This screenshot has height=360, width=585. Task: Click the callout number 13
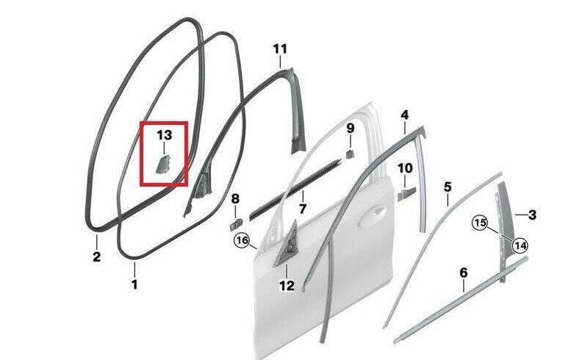coord(164,135)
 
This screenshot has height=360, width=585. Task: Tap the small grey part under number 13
coord(162,165)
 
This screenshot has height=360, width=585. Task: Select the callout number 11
coord(280,49)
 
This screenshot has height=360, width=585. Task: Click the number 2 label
coord(96,256)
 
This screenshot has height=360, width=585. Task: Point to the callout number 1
coord(134,284)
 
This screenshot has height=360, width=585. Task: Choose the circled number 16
coord(242,240)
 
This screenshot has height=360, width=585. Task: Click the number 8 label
coord(235,199)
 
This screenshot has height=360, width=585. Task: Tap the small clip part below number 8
coord(236,225)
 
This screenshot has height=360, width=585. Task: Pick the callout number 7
coord(302,209)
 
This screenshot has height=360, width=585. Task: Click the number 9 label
coord(350,129)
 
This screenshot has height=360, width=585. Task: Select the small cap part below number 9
coord(350,154)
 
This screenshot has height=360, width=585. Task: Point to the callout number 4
coord(405,115)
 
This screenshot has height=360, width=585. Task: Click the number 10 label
coord(405,168)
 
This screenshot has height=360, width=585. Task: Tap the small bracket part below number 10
coord(405,195)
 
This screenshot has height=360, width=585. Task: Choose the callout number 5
coord(448,187)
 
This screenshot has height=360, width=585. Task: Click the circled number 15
coord(480,223)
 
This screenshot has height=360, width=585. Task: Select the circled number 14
coord(520,245)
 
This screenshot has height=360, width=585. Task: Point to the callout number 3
coord(532,215)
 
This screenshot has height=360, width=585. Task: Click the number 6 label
coord(464,273)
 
